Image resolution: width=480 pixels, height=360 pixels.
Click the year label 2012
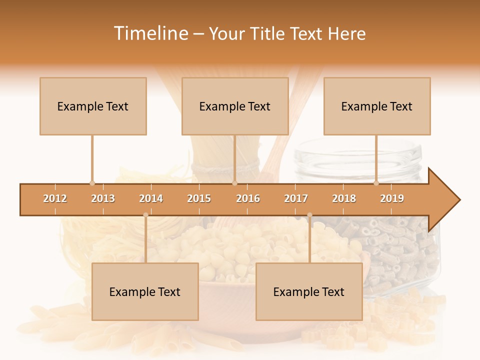[55, 199]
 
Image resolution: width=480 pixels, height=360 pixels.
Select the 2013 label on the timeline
[103, 199]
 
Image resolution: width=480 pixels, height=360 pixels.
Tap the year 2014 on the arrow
[151, 199]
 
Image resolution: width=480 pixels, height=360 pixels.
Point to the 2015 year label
[199, 199]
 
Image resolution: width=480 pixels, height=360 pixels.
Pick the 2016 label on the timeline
[248, 199]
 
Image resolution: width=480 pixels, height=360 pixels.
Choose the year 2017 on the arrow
[296, 199]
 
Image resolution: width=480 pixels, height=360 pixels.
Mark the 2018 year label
[344, 199]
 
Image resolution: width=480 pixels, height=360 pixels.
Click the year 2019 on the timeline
[392, 199]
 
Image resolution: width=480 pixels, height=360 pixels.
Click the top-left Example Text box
[93, 106]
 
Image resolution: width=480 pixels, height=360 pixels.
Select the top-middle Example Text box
[235, 106]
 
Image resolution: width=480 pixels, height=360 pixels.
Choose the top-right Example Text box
[377, 106]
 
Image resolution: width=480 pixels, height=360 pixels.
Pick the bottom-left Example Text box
[145, 292]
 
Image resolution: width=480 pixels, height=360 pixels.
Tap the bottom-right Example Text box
[309, 292]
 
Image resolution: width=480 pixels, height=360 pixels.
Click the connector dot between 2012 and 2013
[92, 183]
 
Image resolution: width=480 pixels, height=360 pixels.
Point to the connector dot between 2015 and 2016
[234, 183]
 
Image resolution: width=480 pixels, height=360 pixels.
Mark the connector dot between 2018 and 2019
[376, 183]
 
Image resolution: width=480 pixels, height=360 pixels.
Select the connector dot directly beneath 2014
[145, 215]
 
